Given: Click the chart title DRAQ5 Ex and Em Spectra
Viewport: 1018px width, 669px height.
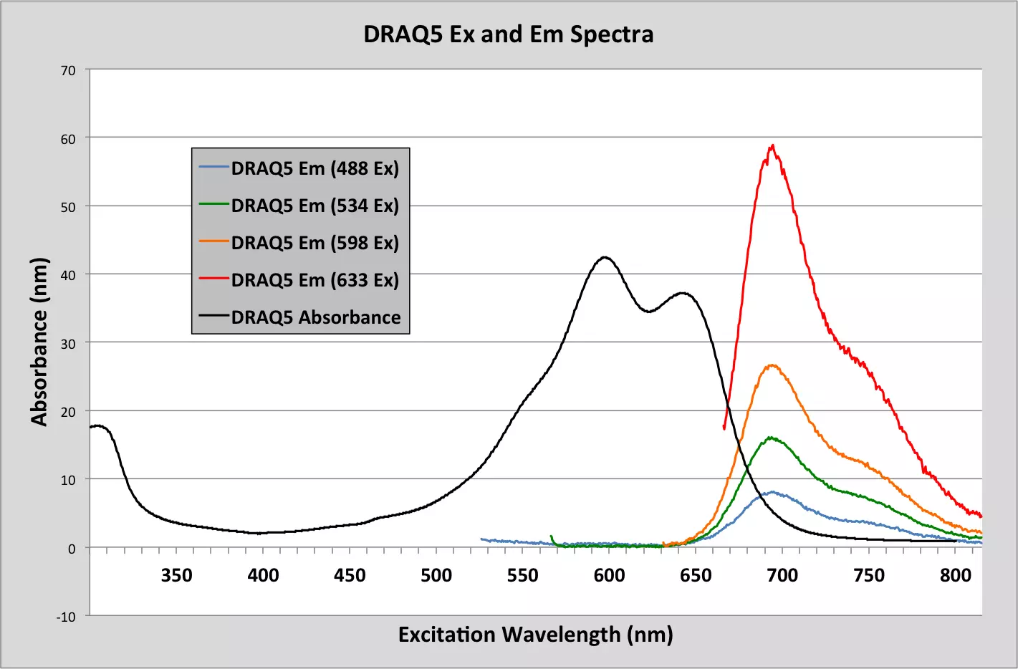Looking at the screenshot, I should [x=508, y=34].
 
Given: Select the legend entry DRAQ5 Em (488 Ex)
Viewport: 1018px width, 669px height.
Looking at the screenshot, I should [x=314, y=168].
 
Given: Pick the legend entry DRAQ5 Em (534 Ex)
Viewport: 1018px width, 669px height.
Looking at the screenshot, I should [x=314, y=206].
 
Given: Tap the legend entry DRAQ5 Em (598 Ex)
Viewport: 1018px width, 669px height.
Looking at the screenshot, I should [x=314, y=243].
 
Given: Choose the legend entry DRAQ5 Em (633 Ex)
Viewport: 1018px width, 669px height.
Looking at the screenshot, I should [x=314, y=280].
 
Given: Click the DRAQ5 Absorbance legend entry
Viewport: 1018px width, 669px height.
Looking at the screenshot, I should [x=315, y=317].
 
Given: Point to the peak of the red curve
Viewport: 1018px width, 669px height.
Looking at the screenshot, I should [x=772, y=145].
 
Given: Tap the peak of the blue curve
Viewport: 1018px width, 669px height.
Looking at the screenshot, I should [x=772, y=492].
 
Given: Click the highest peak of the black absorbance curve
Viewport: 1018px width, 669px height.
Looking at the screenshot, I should [x=605, y=257].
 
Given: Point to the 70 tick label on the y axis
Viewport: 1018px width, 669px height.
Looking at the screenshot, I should [x=68, y=70].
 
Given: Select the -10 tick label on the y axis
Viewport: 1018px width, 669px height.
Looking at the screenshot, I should [x=67, y=617].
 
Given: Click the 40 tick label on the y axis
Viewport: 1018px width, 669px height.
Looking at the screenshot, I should [x=68, y=275].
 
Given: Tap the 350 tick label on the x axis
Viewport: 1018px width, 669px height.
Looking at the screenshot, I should [x=176, y=575].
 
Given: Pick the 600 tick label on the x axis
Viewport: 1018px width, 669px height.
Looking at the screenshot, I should [x=609, y=575].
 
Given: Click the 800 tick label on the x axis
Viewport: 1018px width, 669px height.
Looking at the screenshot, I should [x=956, y=575].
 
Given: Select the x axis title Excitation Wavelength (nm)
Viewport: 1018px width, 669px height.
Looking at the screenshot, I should [x=535, y=635].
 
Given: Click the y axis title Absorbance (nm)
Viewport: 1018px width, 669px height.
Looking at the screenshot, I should [x=39, y=342].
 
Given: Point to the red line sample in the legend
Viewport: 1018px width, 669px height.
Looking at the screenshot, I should [x=213, y=279].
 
